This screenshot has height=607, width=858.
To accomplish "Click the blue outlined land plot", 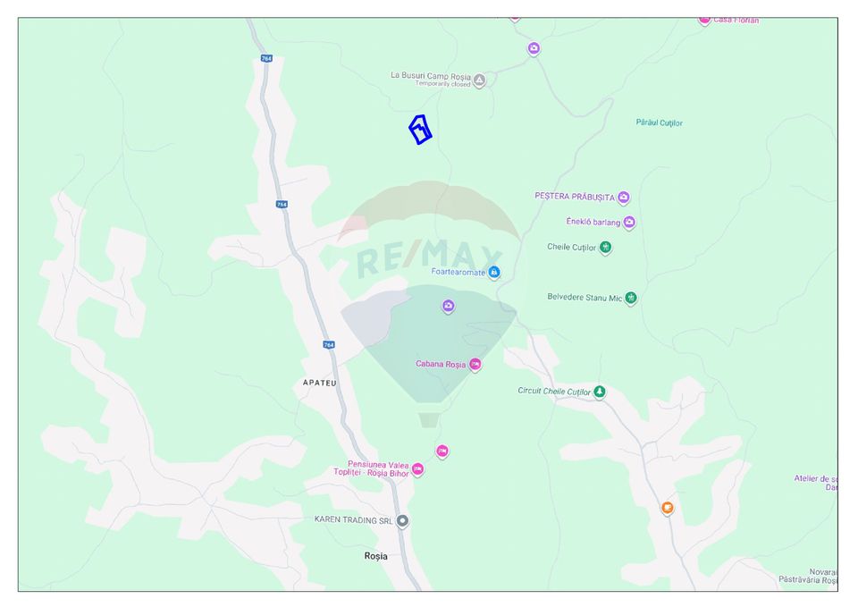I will (x=420, y=130).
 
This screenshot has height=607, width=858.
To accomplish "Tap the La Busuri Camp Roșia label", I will (x=431, y=76).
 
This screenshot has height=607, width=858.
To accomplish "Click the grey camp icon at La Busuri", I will (x=479, y=80).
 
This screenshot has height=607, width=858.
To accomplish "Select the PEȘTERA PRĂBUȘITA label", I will (x=575, y=197).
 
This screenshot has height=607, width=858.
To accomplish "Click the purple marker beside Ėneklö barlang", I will (x=629, y=223).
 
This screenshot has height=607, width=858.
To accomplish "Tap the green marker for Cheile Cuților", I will (x=605, y=248).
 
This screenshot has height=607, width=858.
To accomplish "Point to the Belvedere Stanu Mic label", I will (x=585, y=298).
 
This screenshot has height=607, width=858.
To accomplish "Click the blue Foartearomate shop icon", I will (x=493, y=273).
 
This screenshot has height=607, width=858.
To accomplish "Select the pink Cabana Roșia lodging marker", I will (x=475, y=365).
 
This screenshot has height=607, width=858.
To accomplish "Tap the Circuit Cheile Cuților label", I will (x=554, y=392).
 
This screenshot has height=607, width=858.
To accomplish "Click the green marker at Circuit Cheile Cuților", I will (x=600, y=392).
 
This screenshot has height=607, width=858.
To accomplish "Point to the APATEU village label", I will (x=319, y=383).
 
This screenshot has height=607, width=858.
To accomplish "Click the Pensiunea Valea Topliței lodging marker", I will (x=417, y=469).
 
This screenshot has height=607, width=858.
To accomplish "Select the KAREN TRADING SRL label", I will (x=354, y=519).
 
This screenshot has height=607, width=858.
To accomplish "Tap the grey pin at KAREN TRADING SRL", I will (x=403, y=520).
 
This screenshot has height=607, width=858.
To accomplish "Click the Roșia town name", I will (x=376, y=556).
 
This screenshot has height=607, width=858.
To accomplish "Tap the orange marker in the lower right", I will (x=667, y=508).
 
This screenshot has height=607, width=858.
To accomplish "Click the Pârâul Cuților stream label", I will (x=659, y=122).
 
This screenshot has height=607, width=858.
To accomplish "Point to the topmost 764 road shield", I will (x=266, y=58).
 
